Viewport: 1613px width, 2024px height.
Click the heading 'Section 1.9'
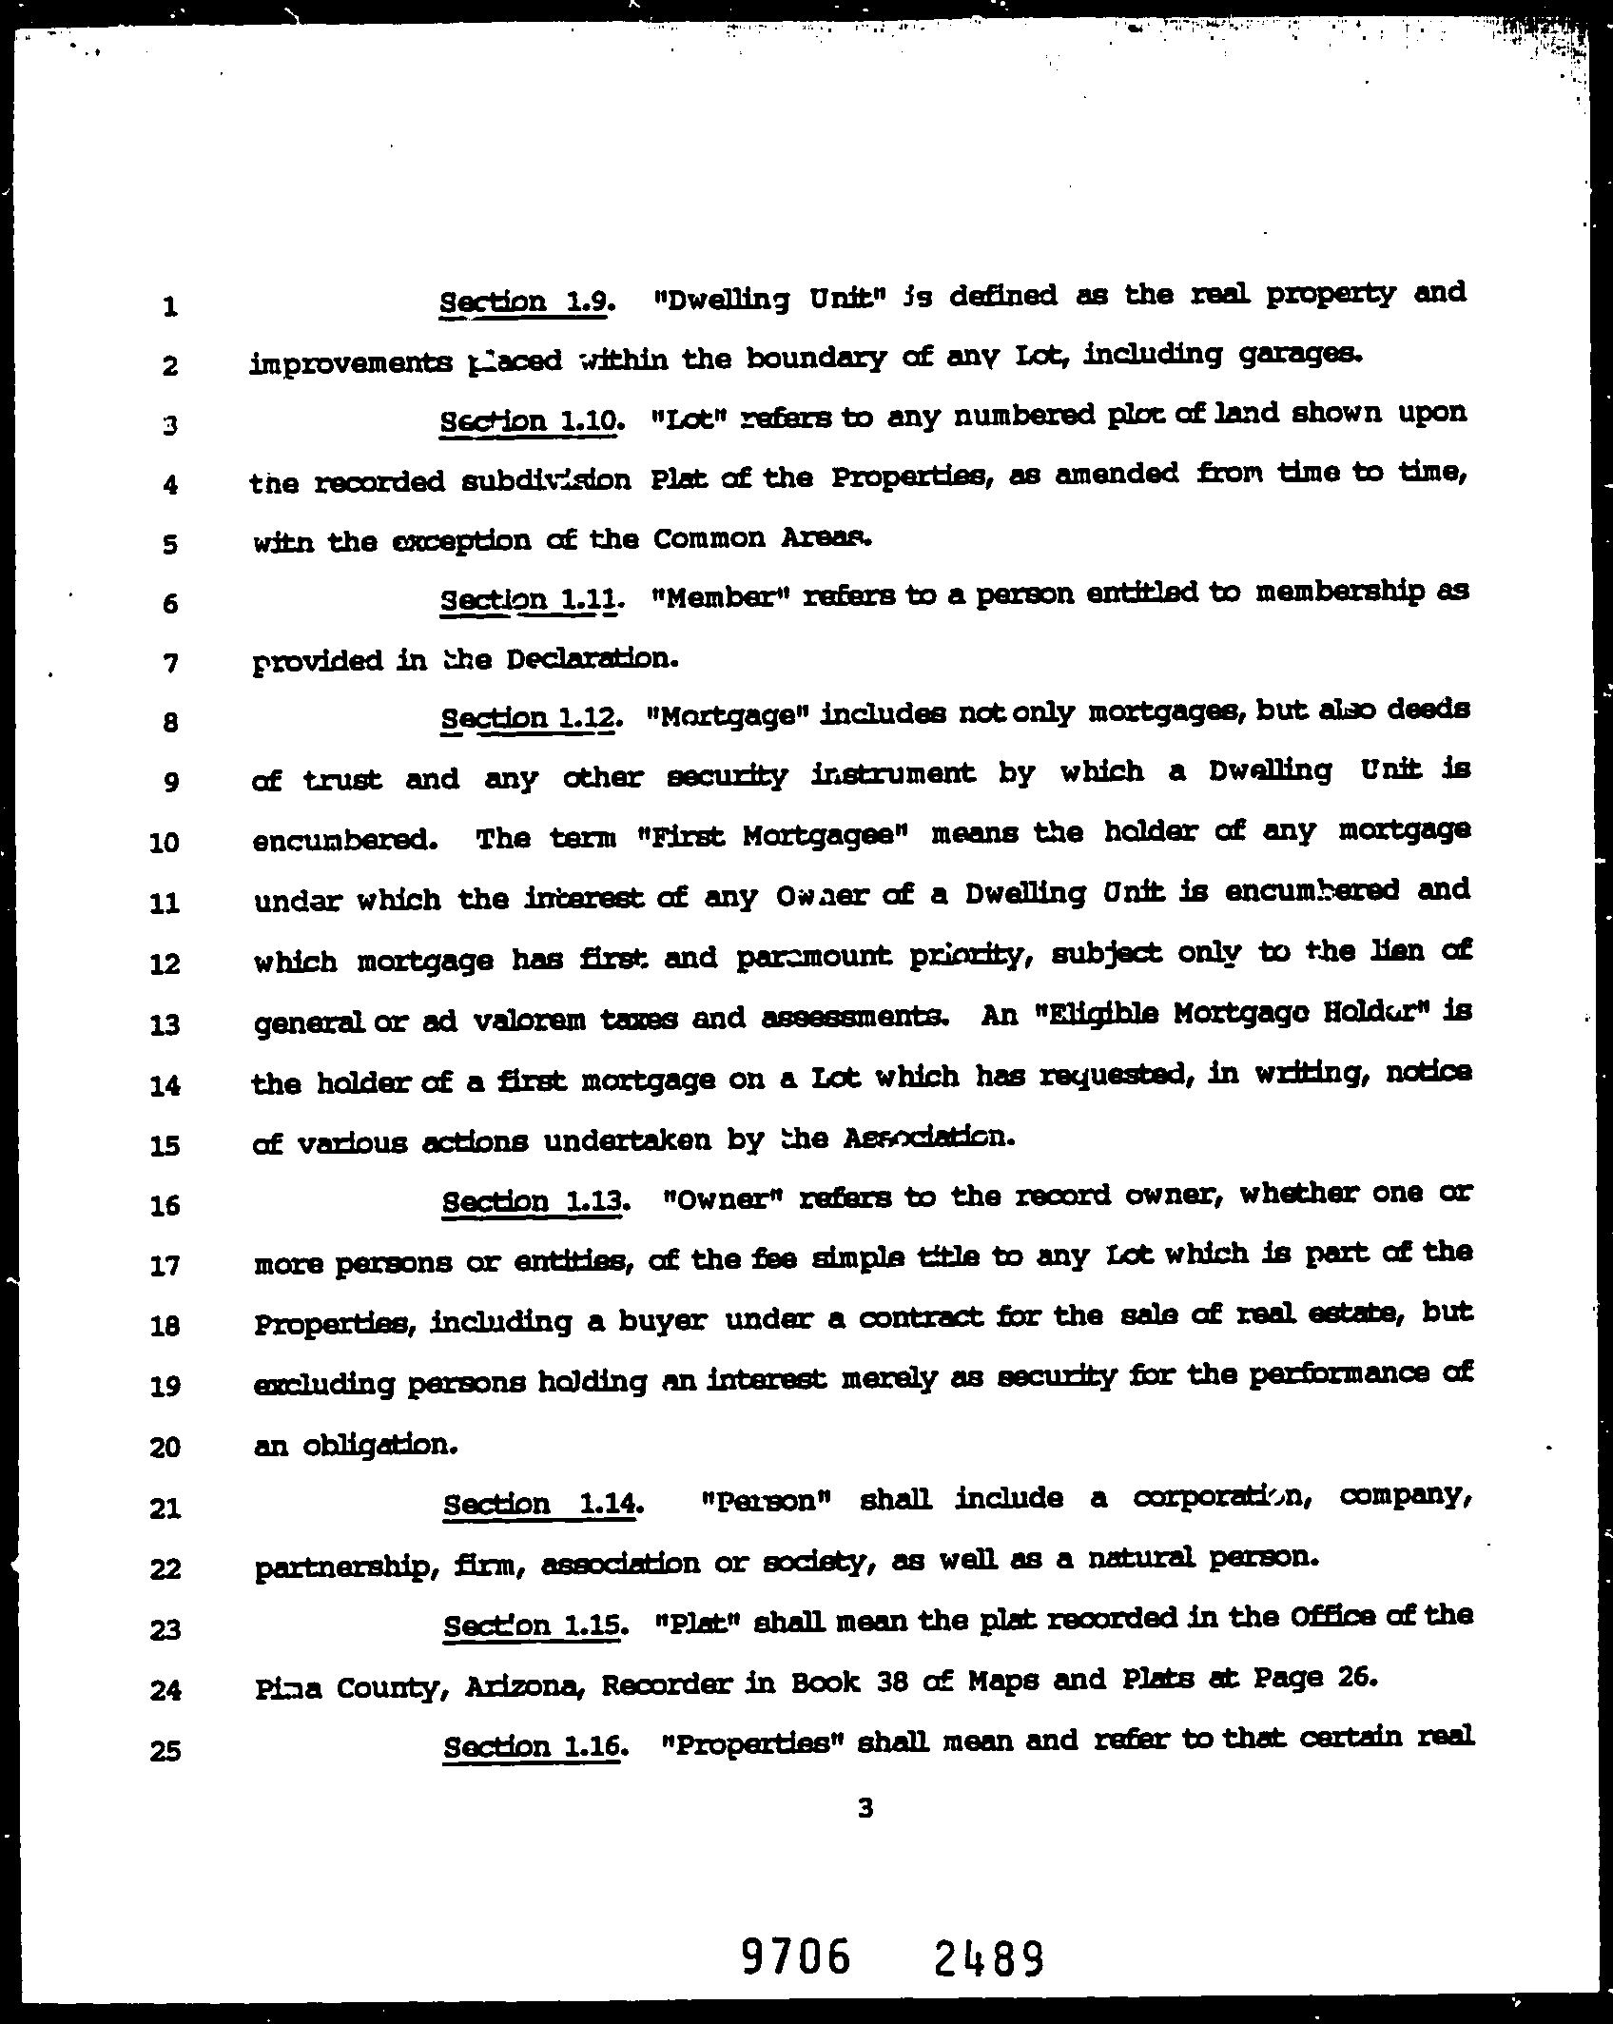[524, 302]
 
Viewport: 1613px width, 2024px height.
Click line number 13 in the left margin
[165, 1024]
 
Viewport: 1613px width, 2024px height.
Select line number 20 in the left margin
[165, 1448]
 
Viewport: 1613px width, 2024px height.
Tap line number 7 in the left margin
[169, 663]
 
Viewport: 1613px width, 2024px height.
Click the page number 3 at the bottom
[865, 1808]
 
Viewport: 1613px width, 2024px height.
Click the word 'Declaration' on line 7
[591, 658]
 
